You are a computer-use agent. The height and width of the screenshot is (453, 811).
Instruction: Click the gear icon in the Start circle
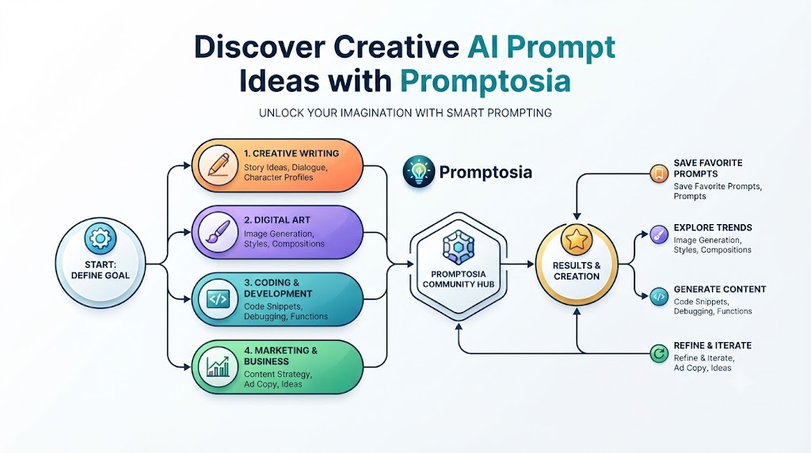pyautogui.click(x=100, y=238)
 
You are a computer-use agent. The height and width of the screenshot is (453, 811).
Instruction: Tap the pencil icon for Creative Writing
pyautogui.click(x=219, y=165)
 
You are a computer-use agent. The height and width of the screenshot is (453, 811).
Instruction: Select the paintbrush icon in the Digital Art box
pyautogui.click(x=218, y=232)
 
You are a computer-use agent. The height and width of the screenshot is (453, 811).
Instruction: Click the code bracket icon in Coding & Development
pyautogui.click(x=218, y=299)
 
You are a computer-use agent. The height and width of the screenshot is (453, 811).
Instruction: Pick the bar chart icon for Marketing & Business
pyautogui.click(x=218, y=367)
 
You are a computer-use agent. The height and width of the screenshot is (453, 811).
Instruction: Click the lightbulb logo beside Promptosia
pyautogui.click(x=418, y=171)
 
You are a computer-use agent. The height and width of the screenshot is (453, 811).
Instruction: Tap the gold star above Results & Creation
pyautogui.click(x=577, y=239)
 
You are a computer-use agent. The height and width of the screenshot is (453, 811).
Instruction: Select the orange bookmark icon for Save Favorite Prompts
pyautogui.click(x=659, y=173)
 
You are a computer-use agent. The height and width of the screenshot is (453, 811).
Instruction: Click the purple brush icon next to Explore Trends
pyautogui.click(x=659, y=234)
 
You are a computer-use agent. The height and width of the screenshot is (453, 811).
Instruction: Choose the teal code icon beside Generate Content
pyautogui.click(x=659, y=297)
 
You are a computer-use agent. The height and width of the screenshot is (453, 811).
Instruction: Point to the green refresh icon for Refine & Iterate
pyautogui.click(x=659, y=354)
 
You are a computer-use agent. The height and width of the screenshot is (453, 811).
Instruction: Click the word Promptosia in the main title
pyautogui.click(x=485, y=82)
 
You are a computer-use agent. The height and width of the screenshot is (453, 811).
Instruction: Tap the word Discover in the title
pyautogui.click(x=260, y=47)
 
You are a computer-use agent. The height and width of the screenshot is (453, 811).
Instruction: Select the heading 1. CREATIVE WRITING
pyautogui.click(x=291, y=154)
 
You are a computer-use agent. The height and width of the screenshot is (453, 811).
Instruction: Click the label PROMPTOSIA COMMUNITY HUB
pyautogui.click(x=459, y=280)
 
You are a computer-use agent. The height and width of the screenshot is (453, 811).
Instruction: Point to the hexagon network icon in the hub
pyautogui.click(x=459, y=247)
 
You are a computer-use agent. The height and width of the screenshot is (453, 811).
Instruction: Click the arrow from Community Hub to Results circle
pyautogui.click(x=517, y=265)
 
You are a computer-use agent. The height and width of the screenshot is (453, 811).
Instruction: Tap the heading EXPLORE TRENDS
pyautogui.click(x=713, y=227)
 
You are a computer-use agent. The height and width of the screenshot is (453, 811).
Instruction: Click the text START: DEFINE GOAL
pyautogui.click(x=101, y=270)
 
